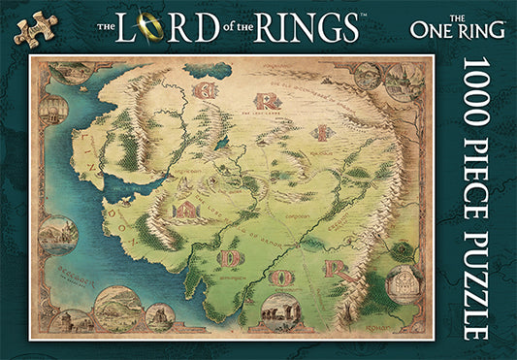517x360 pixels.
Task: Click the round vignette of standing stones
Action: [280, 314]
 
